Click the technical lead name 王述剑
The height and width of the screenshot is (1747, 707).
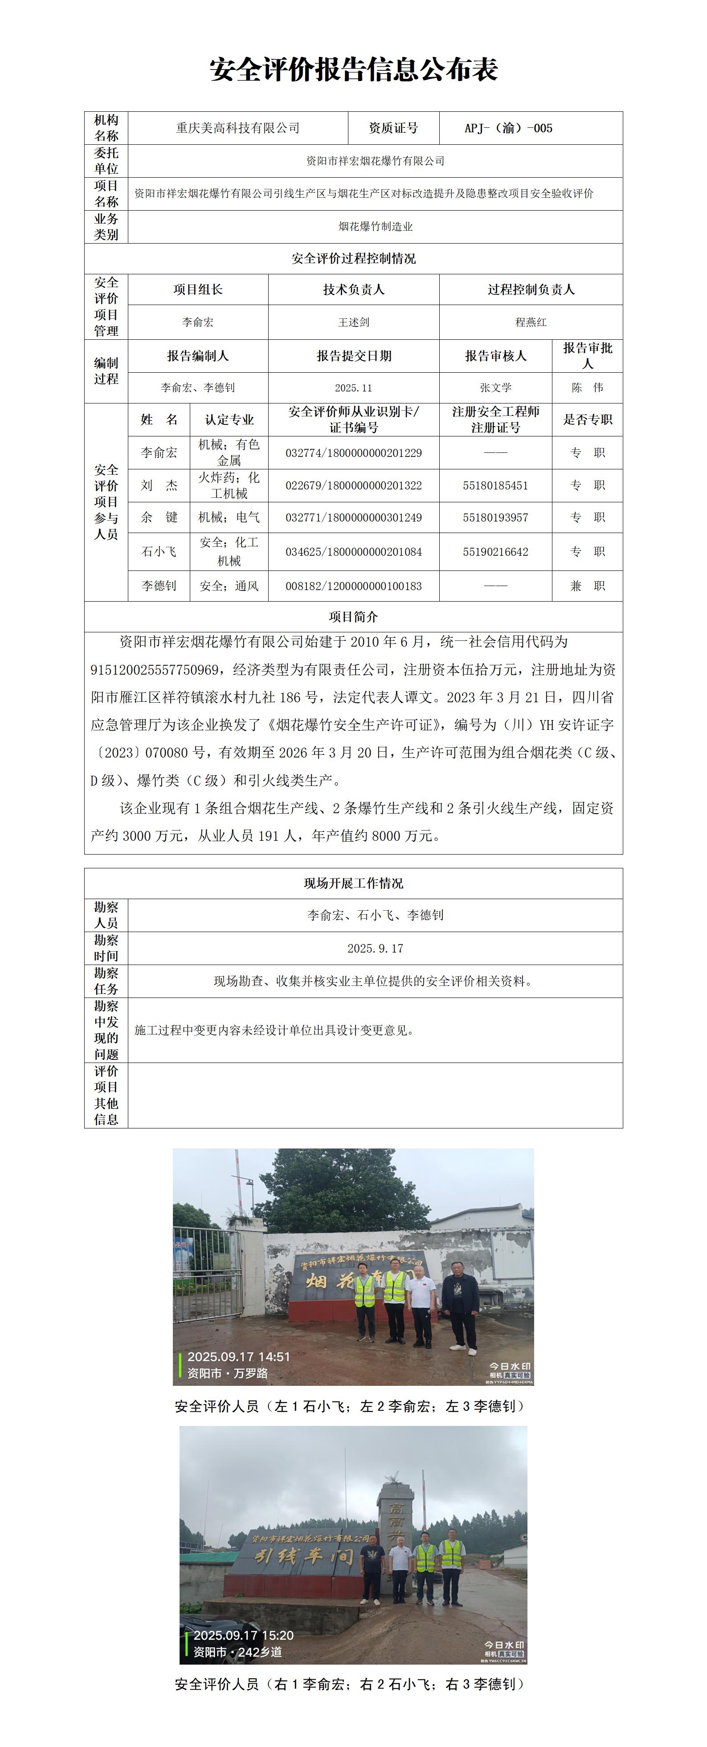click(x=354, y=322)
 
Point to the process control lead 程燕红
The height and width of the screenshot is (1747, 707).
click(x=531, y=322)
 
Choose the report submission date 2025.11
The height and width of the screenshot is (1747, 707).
click(x=354, y=388)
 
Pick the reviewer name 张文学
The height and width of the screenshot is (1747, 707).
click(x=495, y=388)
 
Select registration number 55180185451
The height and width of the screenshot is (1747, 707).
click(x=495, y=485)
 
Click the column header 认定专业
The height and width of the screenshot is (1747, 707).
click(x=229, y=420)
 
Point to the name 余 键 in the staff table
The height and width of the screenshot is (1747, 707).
click(x=159, y=517)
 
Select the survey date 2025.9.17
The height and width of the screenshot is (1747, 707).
click(x=375, y=948)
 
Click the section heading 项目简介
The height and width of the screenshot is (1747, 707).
click(x=354, y=616)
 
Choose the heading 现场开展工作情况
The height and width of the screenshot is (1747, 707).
click(x=354, y=883)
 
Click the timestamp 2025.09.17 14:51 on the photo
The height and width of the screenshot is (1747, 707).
click(x=238, y=1356)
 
